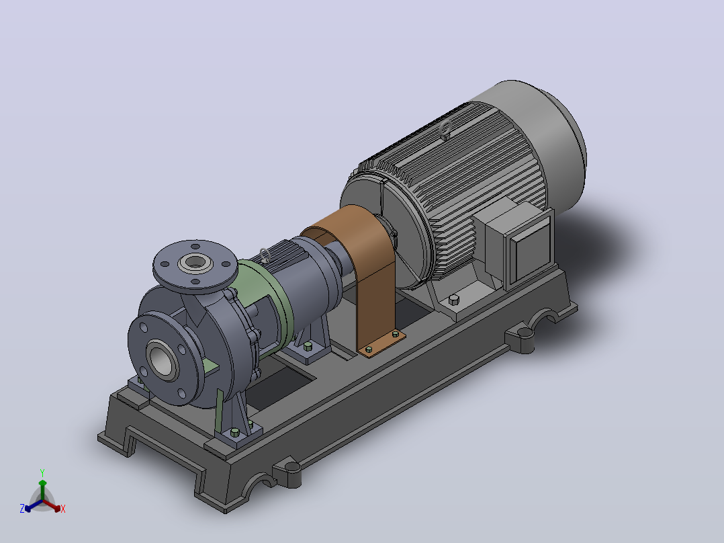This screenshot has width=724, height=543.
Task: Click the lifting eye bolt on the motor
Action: coord(445,130)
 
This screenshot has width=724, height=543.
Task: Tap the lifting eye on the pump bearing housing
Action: coord(265,255)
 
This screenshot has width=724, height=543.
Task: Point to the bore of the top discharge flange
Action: coord(195,263)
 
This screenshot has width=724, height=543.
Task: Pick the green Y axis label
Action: coord(42,473)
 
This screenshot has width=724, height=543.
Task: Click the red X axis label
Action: coord(63,509)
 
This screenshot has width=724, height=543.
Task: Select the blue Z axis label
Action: coord(21,508)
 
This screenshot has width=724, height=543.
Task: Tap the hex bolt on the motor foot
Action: coord(454,300)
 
